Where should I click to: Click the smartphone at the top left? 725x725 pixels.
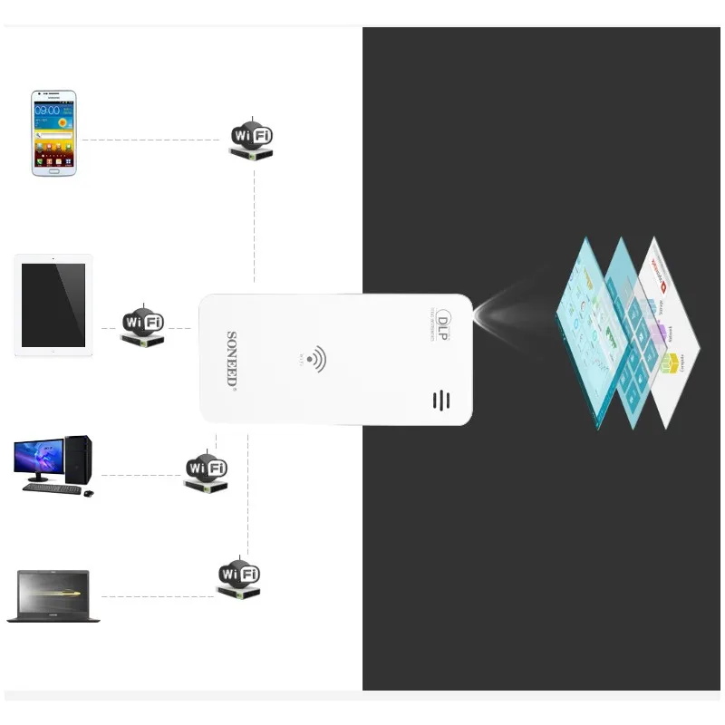(53, 132)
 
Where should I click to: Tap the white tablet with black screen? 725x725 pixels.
(53, 305)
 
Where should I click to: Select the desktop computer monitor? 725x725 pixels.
(38, 459)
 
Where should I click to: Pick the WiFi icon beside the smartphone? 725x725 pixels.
(251, 139)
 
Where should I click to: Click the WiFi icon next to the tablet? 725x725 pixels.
(143, 324)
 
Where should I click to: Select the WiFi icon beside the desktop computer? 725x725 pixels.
(206, 470)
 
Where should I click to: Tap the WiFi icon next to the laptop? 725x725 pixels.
(239, 576)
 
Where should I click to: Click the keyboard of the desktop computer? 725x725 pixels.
(50, 488)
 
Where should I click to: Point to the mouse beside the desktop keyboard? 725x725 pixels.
(88, 493)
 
